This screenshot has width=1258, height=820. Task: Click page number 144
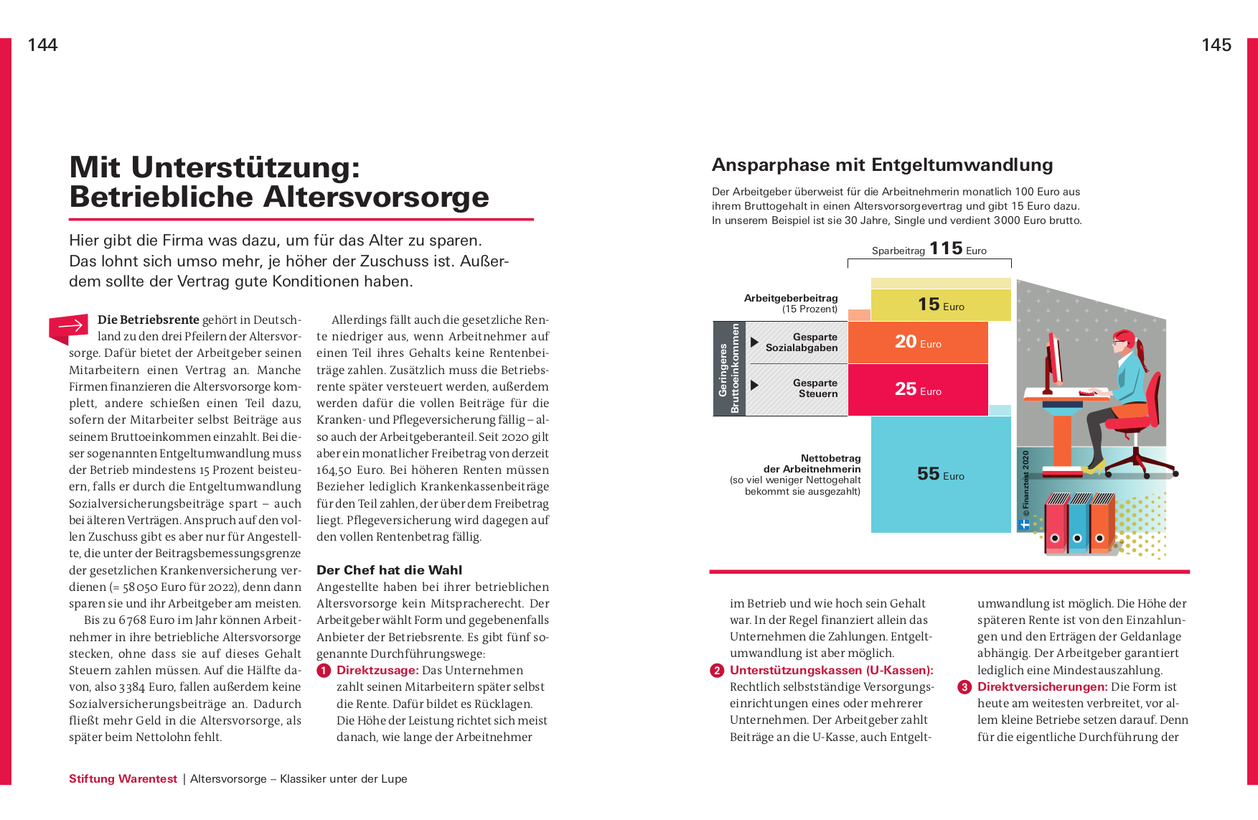(x=42, y=45)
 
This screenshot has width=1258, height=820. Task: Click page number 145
(x=1216, y=45)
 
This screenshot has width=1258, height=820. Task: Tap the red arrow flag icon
(x=69, y=327)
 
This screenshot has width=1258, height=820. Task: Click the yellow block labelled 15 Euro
(x=940, y=304)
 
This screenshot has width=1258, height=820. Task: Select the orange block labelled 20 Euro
(x=917, y=342)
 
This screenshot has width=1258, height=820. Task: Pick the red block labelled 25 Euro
(x=917, y=389)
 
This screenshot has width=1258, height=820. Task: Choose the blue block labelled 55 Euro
(x=940, y=474)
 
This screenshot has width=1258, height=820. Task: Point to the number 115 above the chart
(x=946, y=248)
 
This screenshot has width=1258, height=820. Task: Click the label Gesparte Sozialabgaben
(x=802, y=343)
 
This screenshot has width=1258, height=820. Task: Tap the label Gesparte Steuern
(x=815, y=388)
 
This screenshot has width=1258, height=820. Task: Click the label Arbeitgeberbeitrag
(x=790, y=298)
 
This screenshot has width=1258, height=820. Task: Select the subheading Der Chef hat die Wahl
(x=389, y=570)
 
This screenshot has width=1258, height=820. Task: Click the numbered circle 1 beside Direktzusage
(x=324, y=671)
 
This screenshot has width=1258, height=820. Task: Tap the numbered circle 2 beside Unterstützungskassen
(x=717, y=671)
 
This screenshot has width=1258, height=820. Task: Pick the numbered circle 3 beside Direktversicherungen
(x=964, y=687)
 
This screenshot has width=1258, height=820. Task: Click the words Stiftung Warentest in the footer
(x=123, y=779)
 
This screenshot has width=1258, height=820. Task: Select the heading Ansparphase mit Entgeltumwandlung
(x=882, y=165)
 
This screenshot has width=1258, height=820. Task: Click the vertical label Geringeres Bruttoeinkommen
(x=729, y=368)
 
